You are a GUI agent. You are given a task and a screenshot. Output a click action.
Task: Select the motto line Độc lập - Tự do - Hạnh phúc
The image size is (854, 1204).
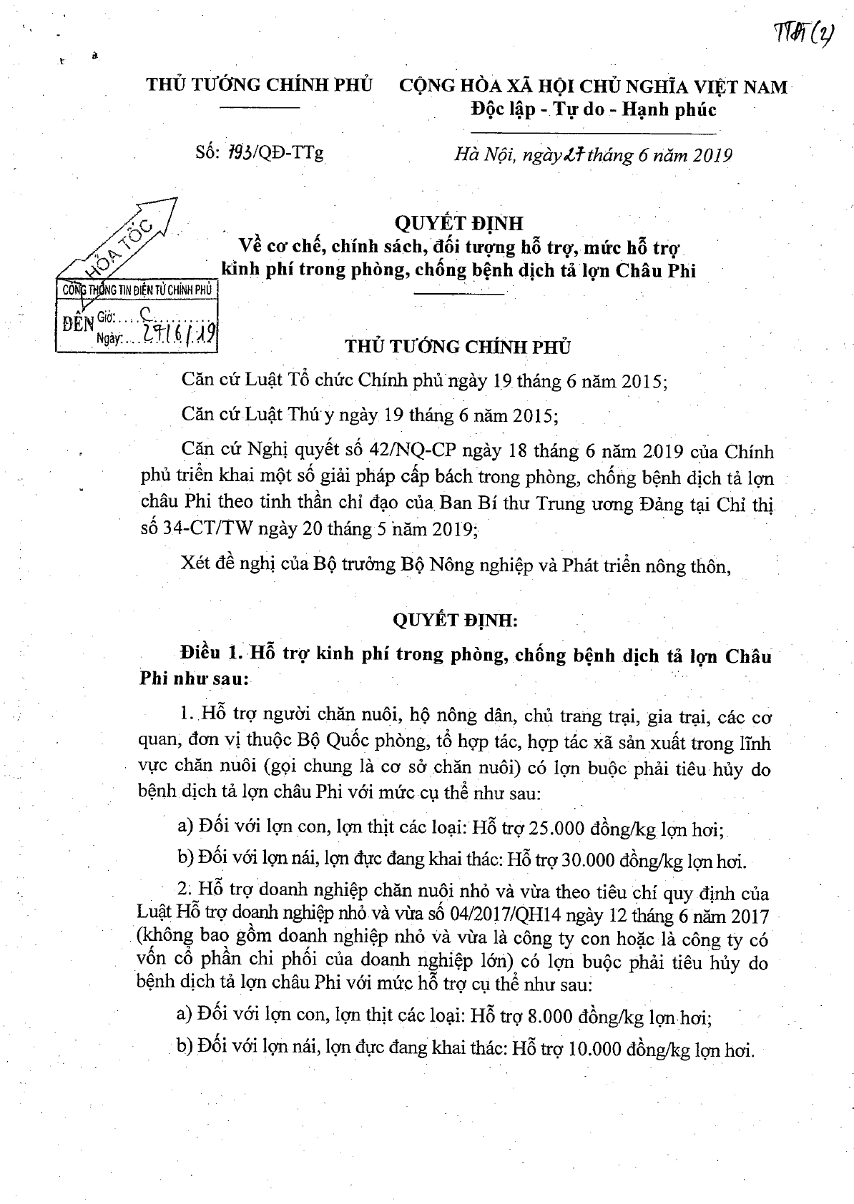tap(593, 109)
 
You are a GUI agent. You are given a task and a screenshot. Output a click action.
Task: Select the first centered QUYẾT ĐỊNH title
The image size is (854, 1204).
tap(459, 223)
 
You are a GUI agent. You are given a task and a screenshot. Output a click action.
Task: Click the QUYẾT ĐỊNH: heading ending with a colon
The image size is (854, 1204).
tap(459, 620)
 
